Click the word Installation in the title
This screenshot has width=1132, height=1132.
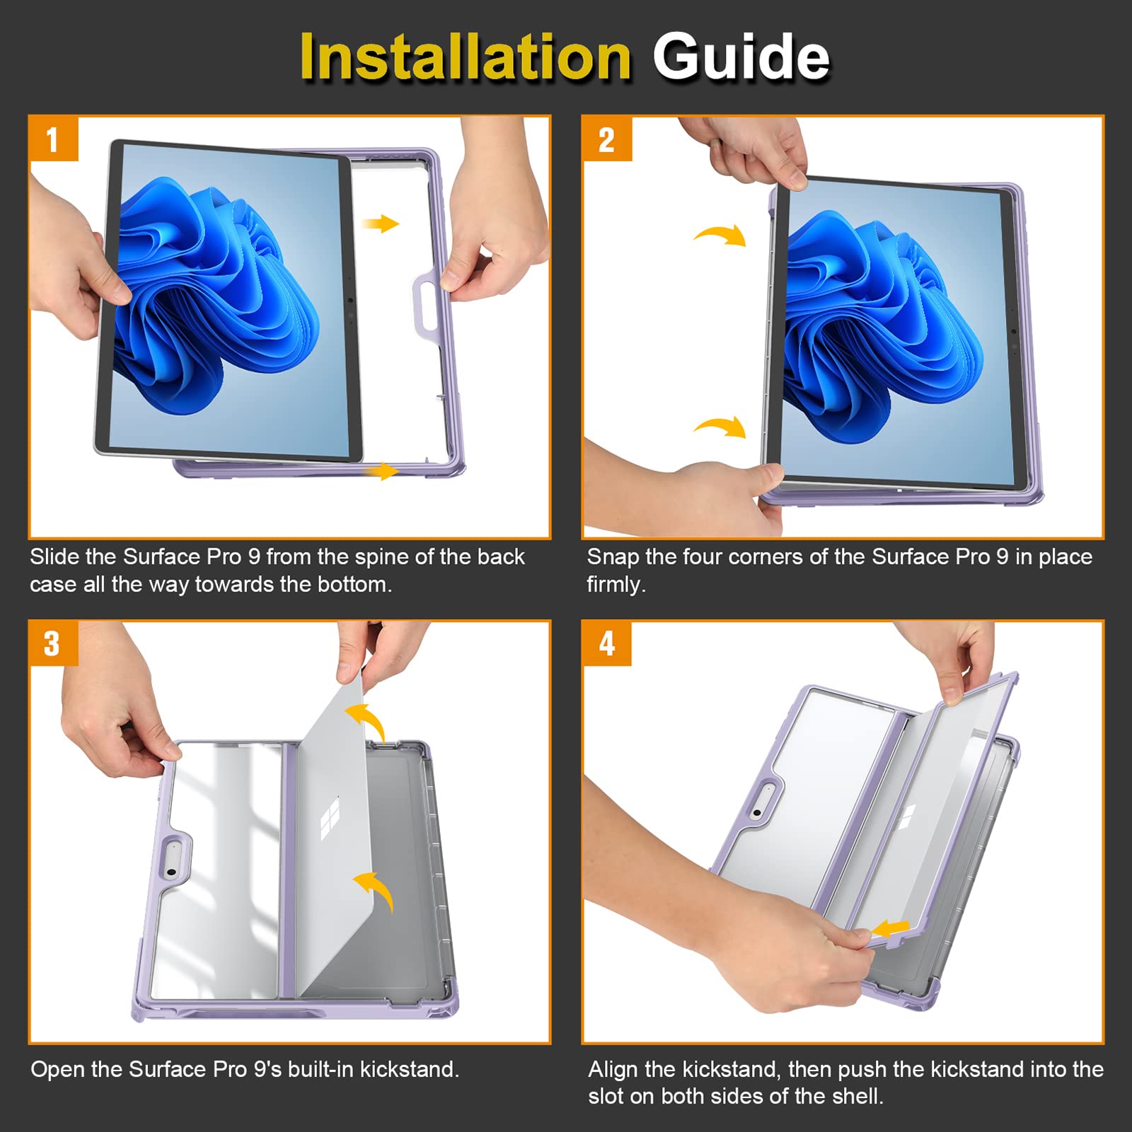(x=466, y=57)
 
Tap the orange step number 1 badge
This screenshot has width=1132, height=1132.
(x=53, y=139)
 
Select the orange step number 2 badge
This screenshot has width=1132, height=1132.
(x=606, y=139)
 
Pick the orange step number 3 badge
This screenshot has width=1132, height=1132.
(x=53, y=643)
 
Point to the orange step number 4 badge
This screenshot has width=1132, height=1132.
(x=606, y=643)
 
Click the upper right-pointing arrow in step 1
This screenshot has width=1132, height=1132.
(x=381, y=224)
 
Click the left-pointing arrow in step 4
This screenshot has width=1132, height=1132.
(x=890, y=927)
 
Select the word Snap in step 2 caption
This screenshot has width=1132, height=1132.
(x=613, y=558)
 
